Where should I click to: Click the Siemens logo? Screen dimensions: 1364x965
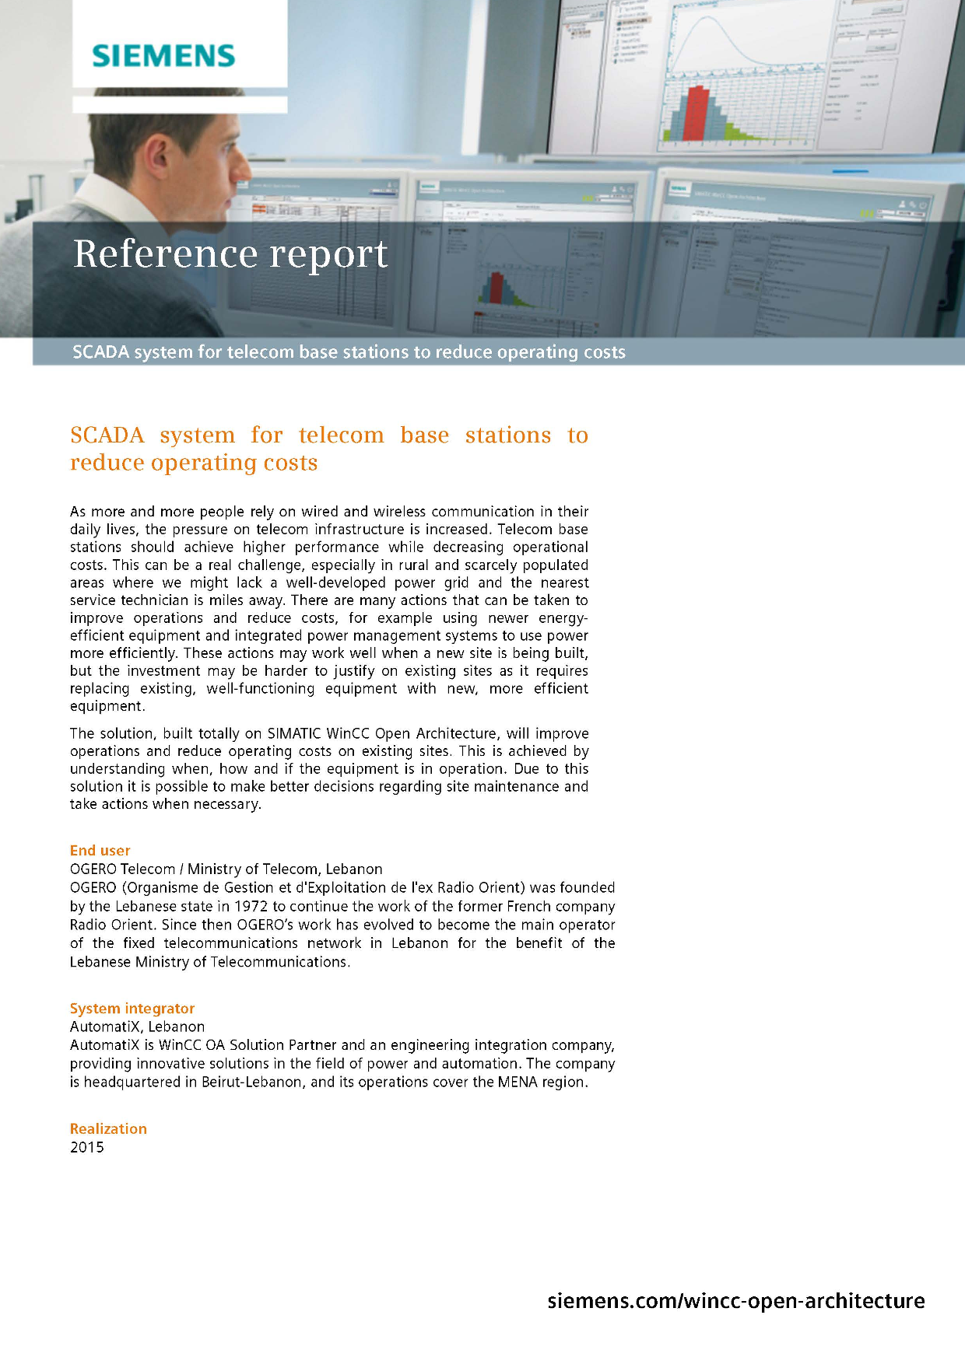pyautogui.click(x=163, y=56)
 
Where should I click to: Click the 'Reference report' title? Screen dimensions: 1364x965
pyautogui.click(x=230, y=254)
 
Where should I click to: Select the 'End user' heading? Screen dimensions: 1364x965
pyautogui.click(x=100, y=850)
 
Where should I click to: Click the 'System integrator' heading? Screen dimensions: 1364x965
pyautogui.click(x=132, y=1008)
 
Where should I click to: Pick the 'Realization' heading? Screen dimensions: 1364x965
pyautogui.click(x=108, y=1128)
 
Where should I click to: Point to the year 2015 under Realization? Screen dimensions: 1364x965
pyautogui.click(x=87, y=1147)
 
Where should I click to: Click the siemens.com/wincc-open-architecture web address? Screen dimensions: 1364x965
pyautogui.click(x=736, y=1301)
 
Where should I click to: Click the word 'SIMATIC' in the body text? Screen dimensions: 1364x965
pyautogui.click(x=293, y=733)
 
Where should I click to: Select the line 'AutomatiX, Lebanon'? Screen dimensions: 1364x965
pyautogui.click(x=138, y=1026)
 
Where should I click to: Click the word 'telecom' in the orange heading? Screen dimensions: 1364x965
pyautogui.click(x=342, y=435)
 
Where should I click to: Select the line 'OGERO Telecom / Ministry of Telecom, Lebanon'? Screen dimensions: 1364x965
pyautogui.click(x=226, y=869)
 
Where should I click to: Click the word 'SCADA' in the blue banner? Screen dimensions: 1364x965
pyautogui.click(x=101, y=352)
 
